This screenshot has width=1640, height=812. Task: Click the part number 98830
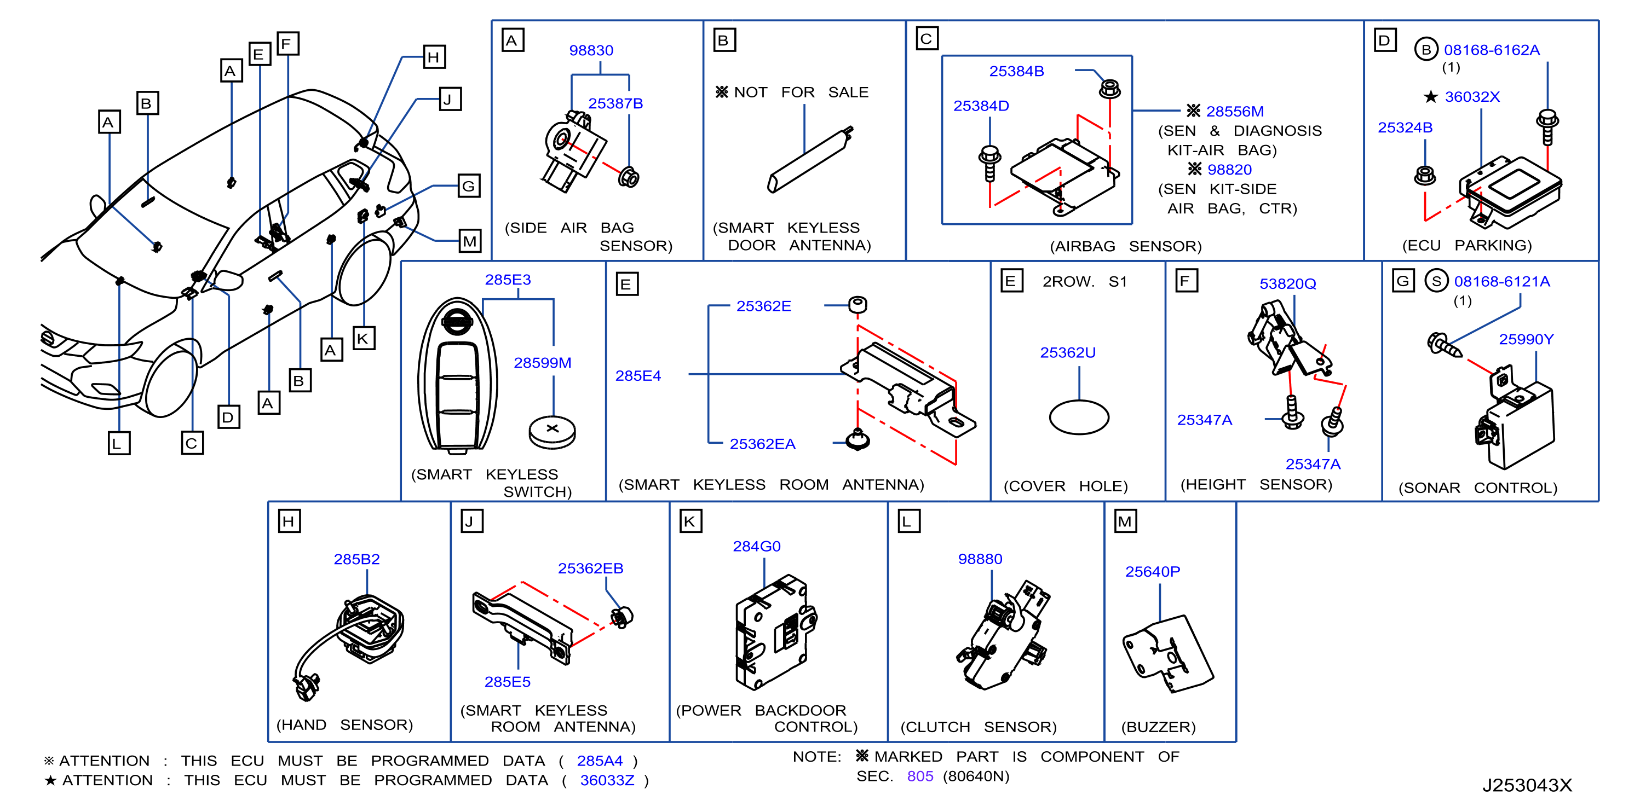[x=591, y=50]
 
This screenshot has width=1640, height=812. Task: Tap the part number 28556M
[x=1234, y=112]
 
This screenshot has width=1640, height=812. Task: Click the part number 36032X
[x=1472, y=97]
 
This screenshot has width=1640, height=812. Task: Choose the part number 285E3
[x=508, y=280]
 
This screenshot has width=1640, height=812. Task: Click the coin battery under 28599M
[x=552, y=432]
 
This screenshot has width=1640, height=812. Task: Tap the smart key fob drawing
[x=457, y=375]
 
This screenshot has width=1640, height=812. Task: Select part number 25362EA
[x=762, y=444]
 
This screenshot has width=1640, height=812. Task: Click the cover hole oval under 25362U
[x=1079, y=417]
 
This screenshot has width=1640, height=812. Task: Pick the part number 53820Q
[x=1287, y=284]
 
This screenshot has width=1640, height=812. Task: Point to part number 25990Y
[x=1526, y=339]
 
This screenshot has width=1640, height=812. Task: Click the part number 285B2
[x=356, y=559]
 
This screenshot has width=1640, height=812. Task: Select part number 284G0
[x=756, y=546]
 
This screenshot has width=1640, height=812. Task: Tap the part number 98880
[x=980, y=559]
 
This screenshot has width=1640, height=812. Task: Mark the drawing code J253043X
[x=1527, y=785]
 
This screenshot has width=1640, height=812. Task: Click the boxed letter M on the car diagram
[x=470, y=241]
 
